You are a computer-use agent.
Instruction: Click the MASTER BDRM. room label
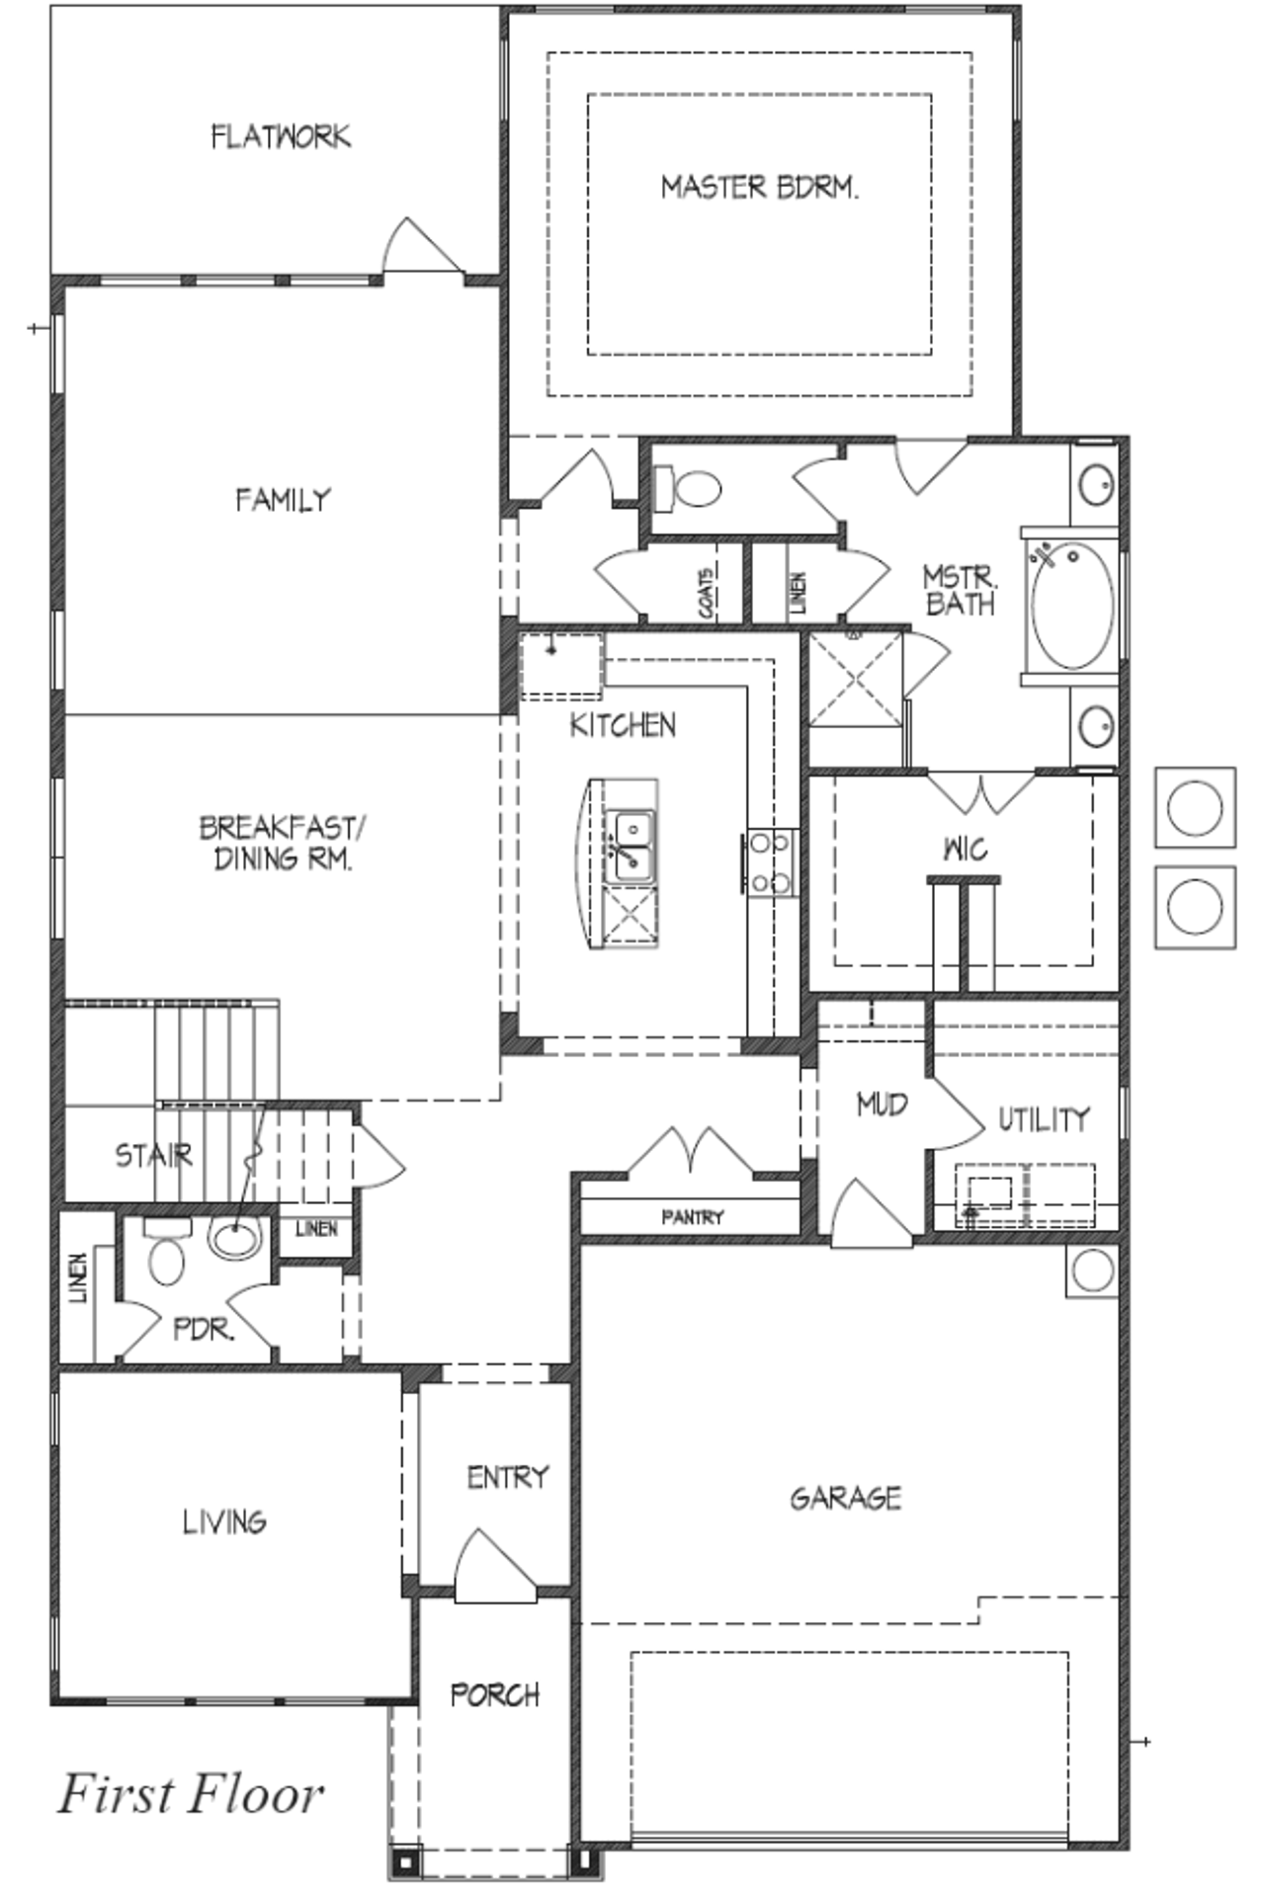click(759, 187)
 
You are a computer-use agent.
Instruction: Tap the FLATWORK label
click(281, 136)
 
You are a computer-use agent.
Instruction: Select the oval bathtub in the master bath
click(1072, 605)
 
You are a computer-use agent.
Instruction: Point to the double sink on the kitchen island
click(630, 845)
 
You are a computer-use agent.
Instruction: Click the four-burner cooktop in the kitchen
click(770, 862)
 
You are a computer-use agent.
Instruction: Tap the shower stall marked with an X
click(855, 678)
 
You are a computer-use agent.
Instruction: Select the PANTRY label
click(693, 1217)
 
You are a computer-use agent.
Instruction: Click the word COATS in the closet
click(707, 593)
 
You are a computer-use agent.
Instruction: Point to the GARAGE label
click(845, 1499)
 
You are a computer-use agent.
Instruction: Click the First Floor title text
click(191, 1795)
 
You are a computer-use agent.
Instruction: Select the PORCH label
click(495, 1695)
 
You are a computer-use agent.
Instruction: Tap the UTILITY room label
click(1044, 1119)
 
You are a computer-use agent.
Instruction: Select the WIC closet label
click(965, 849)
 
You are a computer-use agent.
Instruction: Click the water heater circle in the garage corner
click(1092, 1271)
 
